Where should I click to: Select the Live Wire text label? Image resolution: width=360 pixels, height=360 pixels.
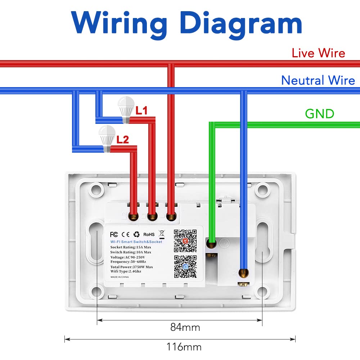tap(318, 53)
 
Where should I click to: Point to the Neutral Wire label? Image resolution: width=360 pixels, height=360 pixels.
tap(318, 80)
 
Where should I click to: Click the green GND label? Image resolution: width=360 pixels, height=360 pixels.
tap(319, 114)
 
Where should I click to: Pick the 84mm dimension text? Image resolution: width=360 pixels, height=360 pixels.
tap(185, 327)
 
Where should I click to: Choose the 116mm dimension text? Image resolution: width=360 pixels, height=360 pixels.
tap(184, 347)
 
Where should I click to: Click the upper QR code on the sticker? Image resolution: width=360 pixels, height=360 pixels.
tap(185, 240)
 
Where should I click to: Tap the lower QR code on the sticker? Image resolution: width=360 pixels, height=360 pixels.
tap(185, 266)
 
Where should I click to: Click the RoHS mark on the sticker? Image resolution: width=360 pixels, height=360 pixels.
tap(149, 234)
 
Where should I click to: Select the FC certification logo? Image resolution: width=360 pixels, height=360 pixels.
tap(114, 234)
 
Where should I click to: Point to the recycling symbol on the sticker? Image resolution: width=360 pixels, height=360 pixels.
tap(136, 234)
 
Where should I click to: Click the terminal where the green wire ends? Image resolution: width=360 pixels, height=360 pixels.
tap(211, 244)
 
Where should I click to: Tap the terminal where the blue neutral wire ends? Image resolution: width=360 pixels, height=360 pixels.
tap(244, 273)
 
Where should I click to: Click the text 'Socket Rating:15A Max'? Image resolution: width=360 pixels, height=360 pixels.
tap(131, 247)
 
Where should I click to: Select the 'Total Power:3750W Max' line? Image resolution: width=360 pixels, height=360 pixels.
tap(131, 267)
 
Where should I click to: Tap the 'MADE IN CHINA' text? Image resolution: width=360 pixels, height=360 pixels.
tap(120, 277)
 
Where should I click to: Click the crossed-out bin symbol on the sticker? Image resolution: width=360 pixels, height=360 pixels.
tap(162, 234)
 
